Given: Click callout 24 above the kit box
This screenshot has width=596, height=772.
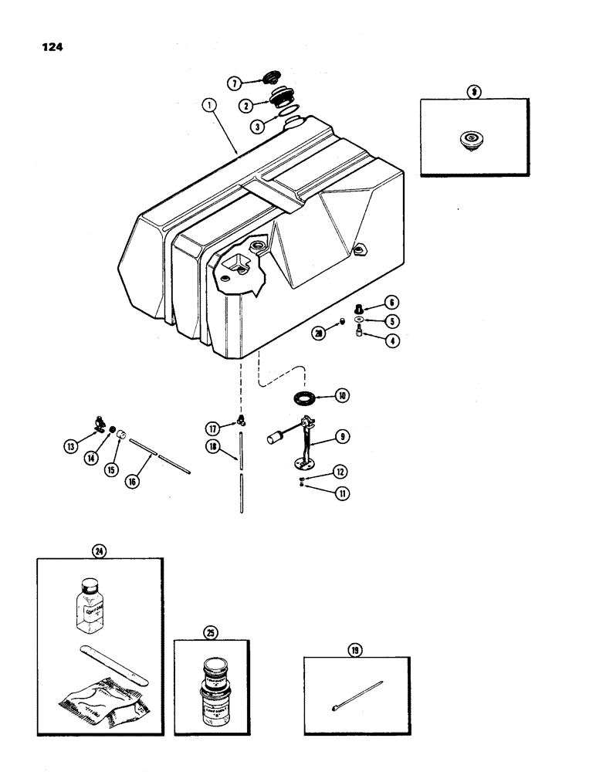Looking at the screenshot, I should click(98, 551).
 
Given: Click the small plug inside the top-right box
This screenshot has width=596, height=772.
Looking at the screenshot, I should click(468, 141).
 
